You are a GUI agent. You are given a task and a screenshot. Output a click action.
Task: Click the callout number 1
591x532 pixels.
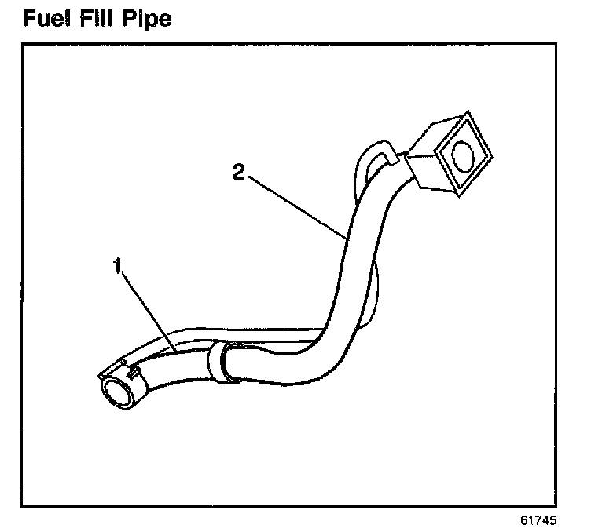(x=118, y=267)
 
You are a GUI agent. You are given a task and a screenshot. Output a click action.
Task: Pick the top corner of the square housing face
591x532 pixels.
(x=465, y=115)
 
